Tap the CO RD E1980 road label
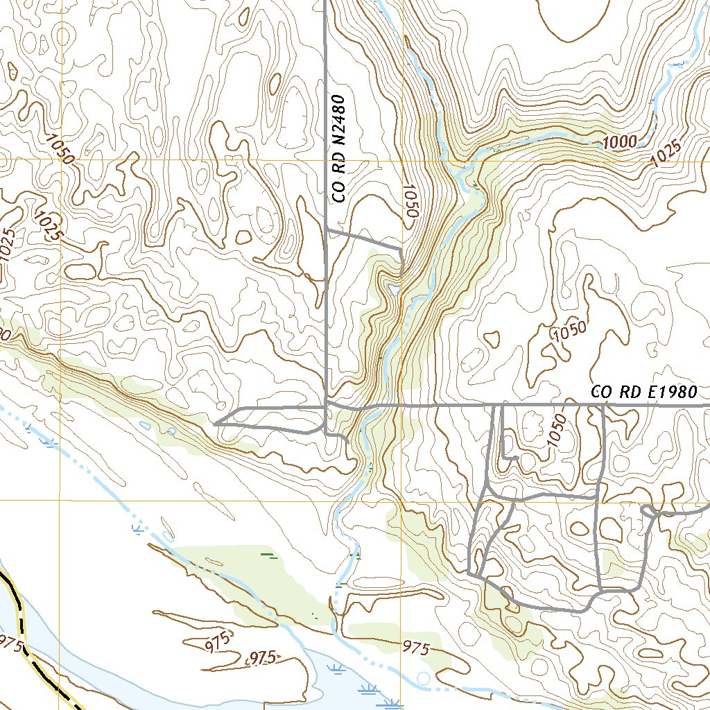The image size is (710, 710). (643, 392)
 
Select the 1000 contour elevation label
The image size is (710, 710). (619, 142)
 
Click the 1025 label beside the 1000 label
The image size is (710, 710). (666, 153)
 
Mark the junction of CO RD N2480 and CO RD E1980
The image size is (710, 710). (327, 404)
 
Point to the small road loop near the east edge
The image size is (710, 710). (650, 512)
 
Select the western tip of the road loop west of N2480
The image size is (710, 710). (215, 422)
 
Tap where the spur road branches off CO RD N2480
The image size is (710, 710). (327, 229)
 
